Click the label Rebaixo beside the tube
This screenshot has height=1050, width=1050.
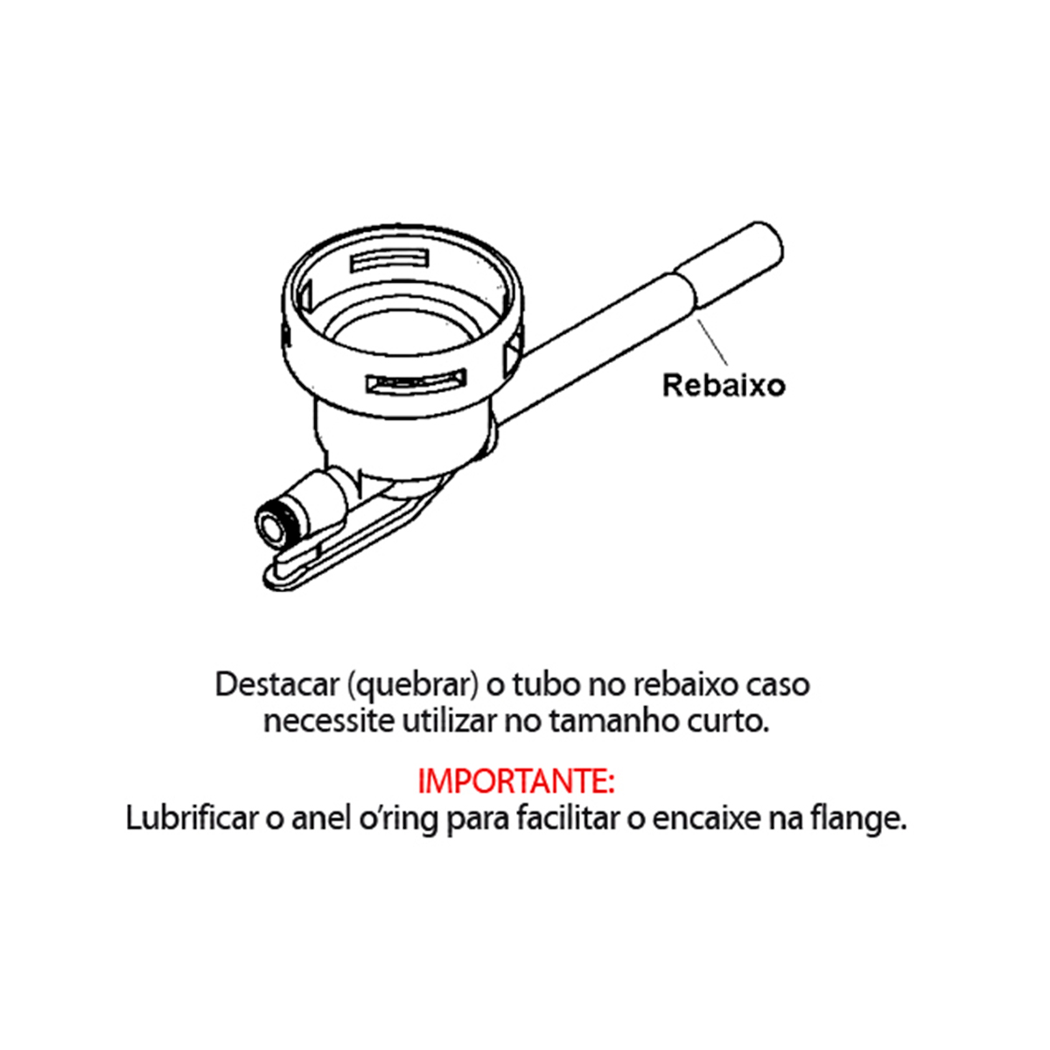(724, 385)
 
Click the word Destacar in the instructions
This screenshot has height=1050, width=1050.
(276, 684)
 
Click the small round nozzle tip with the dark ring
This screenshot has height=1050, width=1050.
(270, 527)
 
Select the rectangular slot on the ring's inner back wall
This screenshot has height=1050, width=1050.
(389, 261)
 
